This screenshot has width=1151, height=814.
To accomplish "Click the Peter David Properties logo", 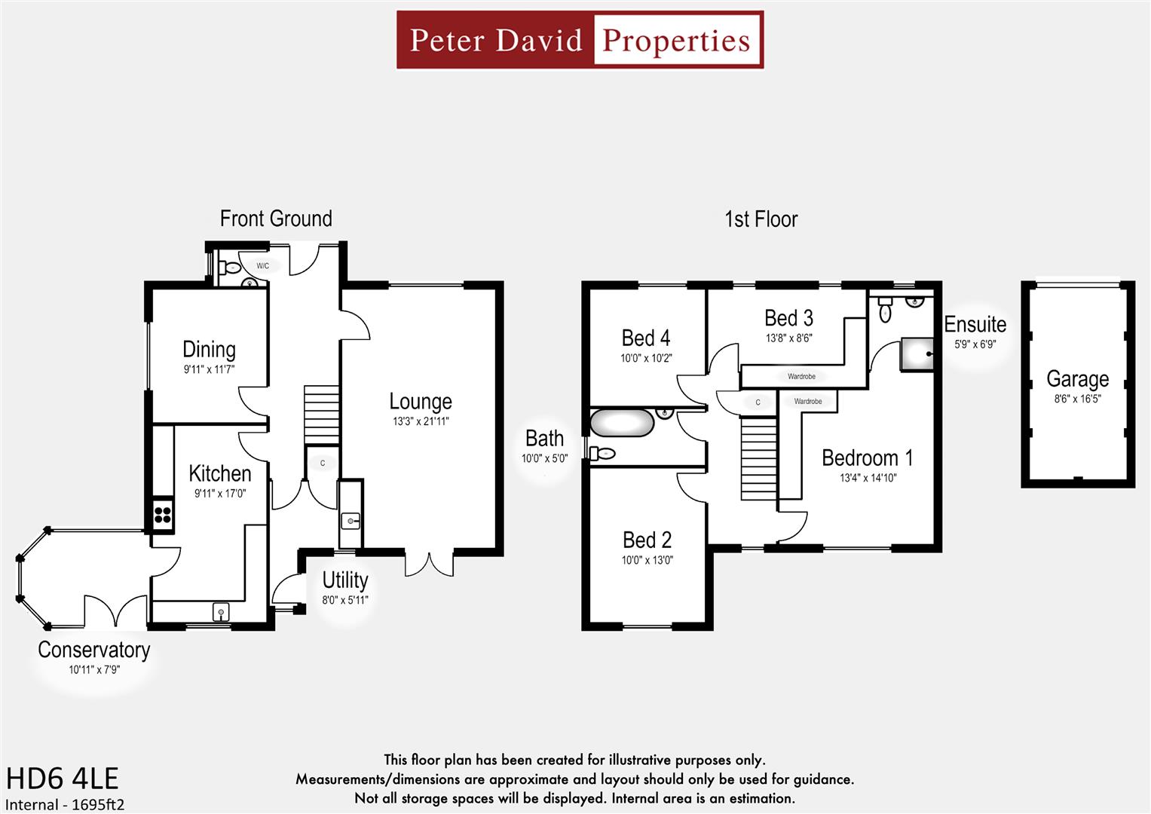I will (580, 40).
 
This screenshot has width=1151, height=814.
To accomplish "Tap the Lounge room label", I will (420, 402).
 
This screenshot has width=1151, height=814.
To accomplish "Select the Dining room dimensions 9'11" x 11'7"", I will (209, 370).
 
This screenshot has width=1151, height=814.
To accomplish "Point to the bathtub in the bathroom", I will (621, 423).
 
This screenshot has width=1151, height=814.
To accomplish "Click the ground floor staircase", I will (322, 415).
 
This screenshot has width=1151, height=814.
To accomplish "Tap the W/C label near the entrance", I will (262, 266).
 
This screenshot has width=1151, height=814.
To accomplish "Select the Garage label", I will (1077, 379).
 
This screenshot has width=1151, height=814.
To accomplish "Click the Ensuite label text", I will (975, 325).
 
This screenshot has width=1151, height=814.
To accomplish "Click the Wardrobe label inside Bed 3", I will (801, 376).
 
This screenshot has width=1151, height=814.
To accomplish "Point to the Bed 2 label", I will (647, 540).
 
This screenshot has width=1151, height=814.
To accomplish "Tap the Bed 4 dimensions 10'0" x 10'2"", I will (646, 359).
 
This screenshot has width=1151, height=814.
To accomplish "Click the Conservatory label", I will (94, 650).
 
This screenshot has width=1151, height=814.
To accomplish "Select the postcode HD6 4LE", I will (63, 779).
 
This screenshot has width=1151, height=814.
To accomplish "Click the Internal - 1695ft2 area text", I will (65, 804).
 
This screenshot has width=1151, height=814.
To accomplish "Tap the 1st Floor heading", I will (761, 219).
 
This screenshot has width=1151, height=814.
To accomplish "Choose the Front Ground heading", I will (276, 219).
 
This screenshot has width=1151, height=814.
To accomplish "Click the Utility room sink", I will (351, 520).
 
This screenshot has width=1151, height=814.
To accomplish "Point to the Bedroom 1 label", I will (867, 458).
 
